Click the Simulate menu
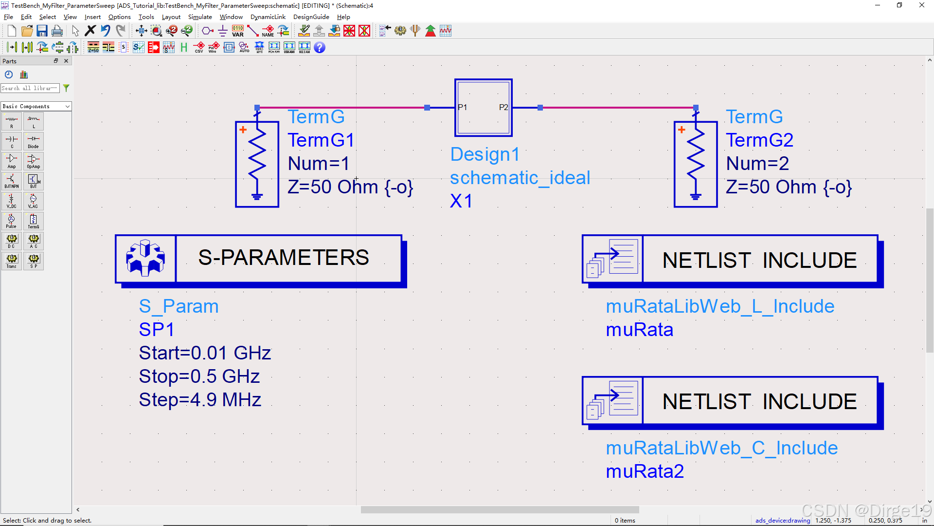coord(200,17)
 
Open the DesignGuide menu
coord(311,17)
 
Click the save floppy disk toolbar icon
coord(42,31)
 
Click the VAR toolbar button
coord(238,31)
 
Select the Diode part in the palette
coord(33,141)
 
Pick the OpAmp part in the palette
coord(33,161)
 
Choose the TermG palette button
coord(33,221)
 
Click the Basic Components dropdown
coord(36,106)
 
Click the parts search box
coord(30,88)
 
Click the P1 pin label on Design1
coord(462,107)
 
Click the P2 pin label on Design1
coord(503,107)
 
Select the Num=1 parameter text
coord(319,164)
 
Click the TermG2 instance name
coord(759,140)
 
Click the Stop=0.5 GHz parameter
coord(199,376)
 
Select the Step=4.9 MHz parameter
coord(200,400)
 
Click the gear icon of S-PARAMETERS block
coord(145,258)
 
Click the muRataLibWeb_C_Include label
coord(721,448)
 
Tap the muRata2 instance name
coord(645,471)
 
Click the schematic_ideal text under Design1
coord(520,178)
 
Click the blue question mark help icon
coord(320,47)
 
